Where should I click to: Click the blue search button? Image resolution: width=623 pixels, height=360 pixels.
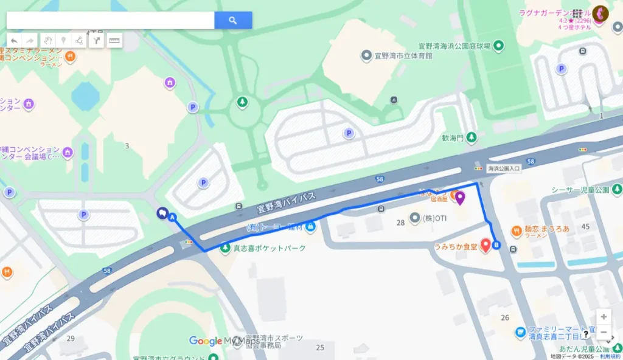233,20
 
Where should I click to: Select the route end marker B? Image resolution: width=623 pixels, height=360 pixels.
496,245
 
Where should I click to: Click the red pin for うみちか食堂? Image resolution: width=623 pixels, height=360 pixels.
486,244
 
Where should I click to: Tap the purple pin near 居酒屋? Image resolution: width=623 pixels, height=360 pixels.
460,197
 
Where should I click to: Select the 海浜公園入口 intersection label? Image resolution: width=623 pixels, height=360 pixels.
504,168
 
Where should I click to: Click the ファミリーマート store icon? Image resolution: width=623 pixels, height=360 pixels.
520,332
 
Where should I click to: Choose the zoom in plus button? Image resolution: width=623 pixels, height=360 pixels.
603,317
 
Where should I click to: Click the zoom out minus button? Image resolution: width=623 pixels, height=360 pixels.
603,333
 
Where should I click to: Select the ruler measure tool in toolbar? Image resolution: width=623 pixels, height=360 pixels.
114,40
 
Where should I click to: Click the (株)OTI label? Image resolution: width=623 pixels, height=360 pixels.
434,218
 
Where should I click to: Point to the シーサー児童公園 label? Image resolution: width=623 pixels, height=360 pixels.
580,190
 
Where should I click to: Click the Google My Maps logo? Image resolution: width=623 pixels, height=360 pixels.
224,341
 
